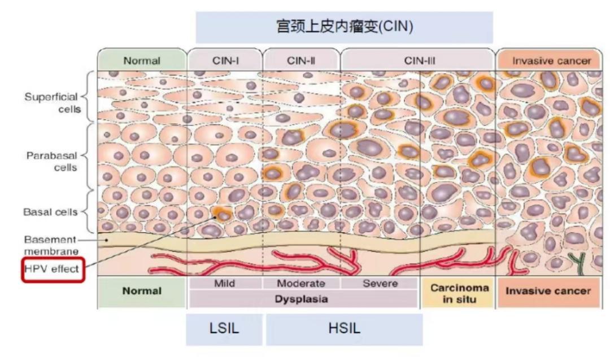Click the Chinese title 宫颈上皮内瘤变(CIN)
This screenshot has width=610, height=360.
343,27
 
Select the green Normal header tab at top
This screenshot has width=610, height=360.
141,60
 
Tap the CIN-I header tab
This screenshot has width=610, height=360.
224,60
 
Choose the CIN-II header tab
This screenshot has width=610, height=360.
300,60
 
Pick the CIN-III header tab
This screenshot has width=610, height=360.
419,60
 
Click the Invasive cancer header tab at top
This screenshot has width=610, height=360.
551,60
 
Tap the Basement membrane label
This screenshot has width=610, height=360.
51,244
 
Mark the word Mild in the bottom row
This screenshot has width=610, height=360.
224,283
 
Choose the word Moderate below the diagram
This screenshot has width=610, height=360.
301,283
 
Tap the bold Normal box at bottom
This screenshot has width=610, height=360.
142,292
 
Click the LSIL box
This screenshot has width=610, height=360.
224,329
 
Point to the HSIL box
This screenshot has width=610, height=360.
344,329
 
